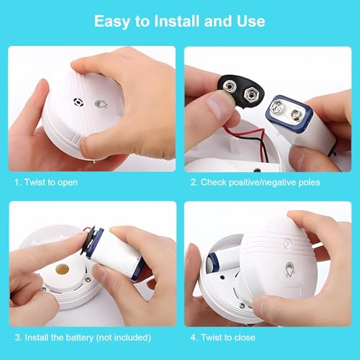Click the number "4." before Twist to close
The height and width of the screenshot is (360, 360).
coord(194,338)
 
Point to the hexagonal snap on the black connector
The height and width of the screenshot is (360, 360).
coord(252,94)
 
